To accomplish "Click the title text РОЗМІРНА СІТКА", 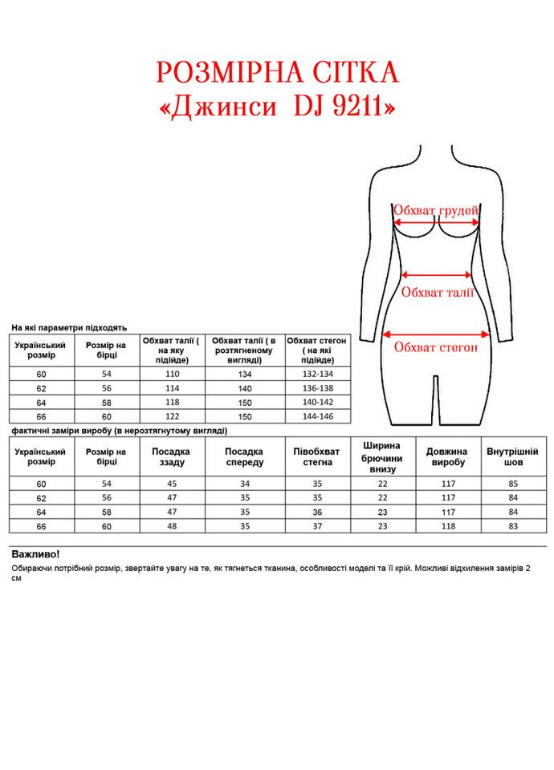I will click(x=277, y=73).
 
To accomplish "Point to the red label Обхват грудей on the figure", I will click(x=436, y=210).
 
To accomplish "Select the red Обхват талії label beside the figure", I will click(x=438, y=293).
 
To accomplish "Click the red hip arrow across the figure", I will click(x=437, y=334).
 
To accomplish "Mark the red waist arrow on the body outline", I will click(x=438, y=274).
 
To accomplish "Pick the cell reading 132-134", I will click(x=317, y=374).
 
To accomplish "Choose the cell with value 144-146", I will click(x=317, y=416).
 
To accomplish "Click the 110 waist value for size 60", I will click(x=172, y=374).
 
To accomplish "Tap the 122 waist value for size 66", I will click(x=172, y=416).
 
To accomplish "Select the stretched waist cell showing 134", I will click(x=244, y=374).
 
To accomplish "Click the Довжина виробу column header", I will click(x=447, y=457).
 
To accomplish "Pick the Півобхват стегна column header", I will click(x=317, y=457).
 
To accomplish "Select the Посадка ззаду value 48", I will click(x=172, y=526).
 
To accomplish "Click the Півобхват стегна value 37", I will click(x=317, y=526).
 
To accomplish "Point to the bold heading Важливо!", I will click(x=35, y=554).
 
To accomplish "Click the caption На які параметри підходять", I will click(x=69, y=328).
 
